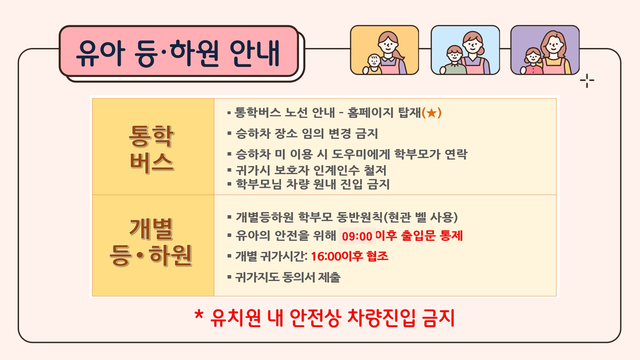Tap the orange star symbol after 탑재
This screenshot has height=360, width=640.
click(x=432, y=113)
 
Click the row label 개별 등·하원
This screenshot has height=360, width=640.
click(x=151, y=242)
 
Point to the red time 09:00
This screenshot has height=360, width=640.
click(x=357, y=236)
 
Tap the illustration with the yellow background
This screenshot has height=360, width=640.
click(x=384, y=50)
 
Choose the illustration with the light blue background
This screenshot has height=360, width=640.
click(x=465, y=50)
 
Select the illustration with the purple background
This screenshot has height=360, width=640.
click(x=545, y=50)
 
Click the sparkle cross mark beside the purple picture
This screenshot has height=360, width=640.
click(x=587, y=81)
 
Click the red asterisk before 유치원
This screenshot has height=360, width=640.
click(x=199, y=315)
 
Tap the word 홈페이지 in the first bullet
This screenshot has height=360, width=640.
click(x=371, y=113)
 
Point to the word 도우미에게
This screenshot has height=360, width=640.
click(x=361, y=154)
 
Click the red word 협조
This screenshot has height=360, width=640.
click(x=377, y=256)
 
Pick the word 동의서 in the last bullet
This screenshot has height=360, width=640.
click(x=298, y=277)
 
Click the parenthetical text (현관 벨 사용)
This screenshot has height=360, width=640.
click(x=420, y=217)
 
